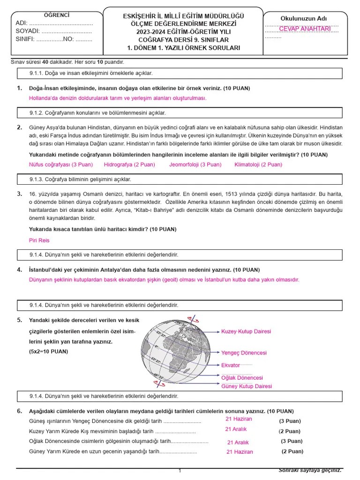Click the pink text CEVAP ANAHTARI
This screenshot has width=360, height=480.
tap(305, 29)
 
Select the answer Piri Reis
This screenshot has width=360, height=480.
tap(39, 240)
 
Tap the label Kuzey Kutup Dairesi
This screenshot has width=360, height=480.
tap(246, 331)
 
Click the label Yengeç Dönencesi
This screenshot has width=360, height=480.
tap(244, 352)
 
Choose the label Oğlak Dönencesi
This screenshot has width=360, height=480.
tap(242, 378)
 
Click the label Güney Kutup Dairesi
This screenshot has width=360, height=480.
tap(246, 386)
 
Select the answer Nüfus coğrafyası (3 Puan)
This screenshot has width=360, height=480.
tap(61, 165)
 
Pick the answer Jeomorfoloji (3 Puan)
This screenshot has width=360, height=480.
tap(195, 165)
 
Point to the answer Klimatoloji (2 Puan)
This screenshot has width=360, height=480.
tap(258, 165)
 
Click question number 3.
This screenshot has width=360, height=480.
tap(19, 194)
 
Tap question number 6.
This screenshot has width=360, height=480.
tap(19, 411)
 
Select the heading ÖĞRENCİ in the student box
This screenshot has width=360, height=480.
tap(56, 15)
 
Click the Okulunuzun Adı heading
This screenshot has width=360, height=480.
tap(304, 18)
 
